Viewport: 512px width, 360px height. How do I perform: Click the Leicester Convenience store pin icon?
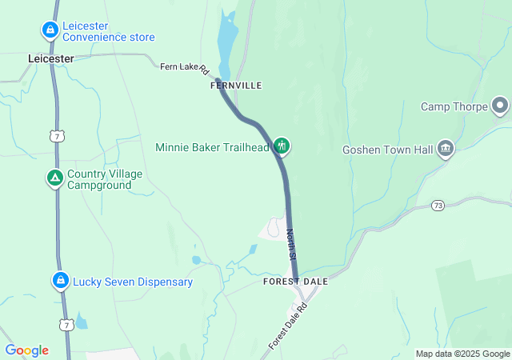coord(50,30)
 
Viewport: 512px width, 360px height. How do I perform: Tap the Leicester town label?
coord(50,58)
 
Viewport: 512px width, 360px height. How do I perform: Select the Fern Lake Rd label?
coord(184,68)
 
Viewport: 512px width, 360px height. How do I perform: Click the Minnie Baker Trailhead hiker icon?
coord(281,146)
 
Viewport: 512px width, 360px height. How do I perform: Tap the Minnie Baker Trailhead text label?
coord(212,147)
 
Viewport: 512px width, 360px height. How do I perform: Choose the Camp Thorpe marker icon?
coord(501,106)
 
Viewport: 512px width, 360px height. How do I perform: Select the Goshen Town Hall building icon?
coord(446,149)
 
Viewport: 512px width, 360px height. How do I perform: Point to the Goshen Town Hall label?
coord(387,149)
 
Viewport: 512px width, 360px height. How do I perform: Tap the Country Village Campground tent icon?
coord(54,178)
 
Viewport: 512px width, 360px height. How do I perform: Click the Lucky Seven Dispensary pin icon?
coord(60,281)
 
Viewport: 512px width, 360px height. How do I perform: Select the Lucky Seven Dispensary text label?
coord(133,282)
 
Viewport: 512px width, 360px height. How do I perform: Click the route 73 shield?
coord(438,206)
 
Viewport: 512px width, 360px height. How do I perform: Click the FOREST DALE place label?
coord(296,282)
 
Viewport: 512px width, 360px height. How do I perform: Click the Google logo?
coord(27,350)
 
